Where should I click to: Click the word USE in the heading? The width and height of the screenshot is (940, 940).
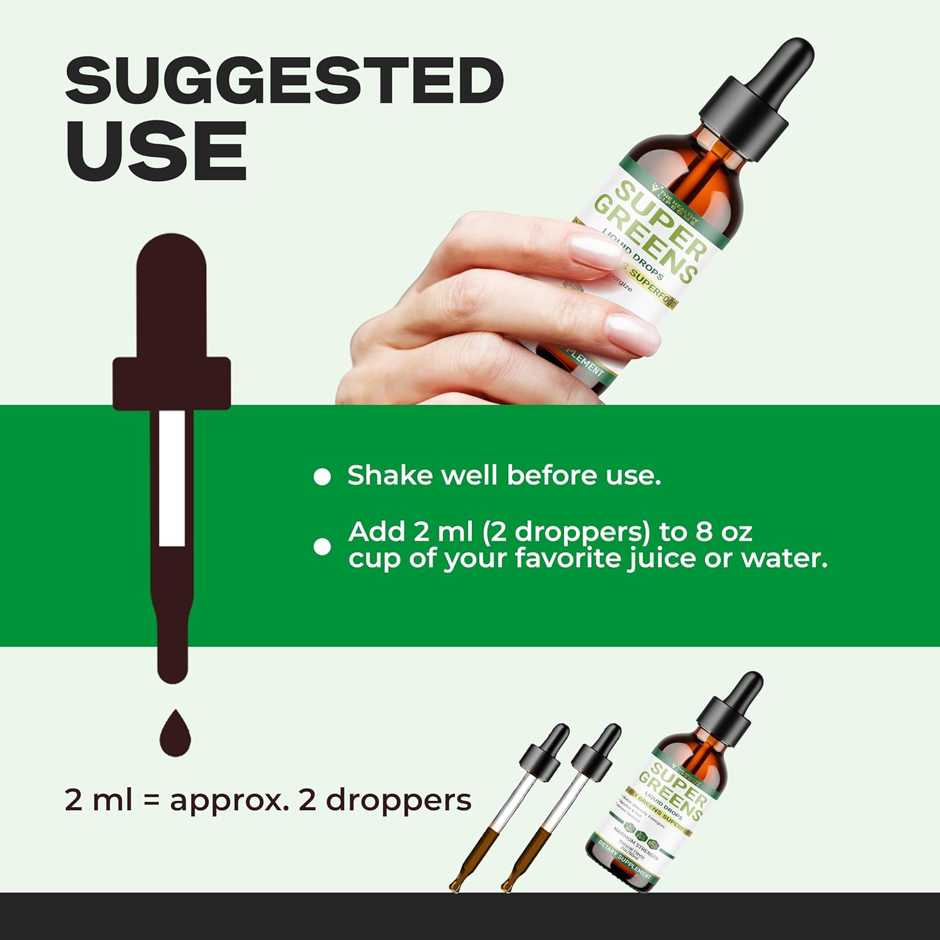pyautogui.click(x=156, y=151)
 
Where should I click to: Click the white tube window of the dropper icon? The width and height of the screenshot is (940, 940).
pyautogui.click(x=172, y=478)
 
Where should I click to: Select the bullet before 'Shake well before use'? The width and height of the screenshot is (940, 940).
pyautogui.click(x=322, y=478)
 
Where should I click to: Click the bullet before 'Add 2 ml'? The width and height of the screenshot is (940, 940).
pyautogui.click(x=322, y=546)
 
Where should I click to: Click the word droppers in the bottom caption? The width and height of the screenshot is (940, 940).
pyautogui.click(x=399, y=800)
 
